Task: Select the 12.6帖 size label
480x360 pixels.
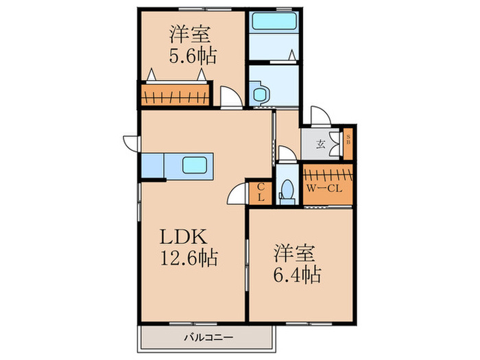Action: (189, 258)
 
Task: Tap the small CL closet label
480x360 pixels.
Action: (261, 192)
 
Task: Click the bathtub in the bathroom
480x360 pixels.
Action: (273, 21)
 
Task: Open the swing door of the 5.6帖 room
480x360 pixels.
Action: (232, 98)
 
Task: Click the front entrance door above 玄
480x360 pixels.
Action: (319, 116)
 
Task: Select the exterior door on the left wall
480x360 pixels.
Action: (131, 143)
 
